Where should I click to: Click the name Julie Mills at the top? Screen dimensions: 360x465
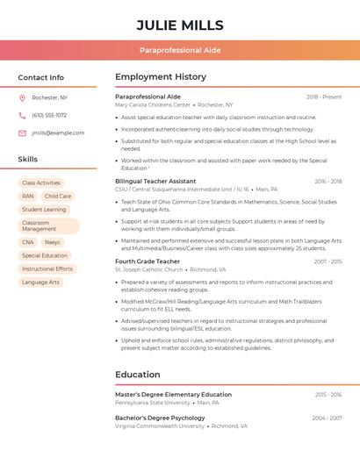click(x=179, y=25)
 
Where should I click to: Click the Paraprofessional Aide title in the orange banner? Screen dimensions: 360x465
click(x=179, y=51)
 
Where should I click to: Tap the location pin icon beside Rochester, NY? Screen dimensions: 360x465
click(x=22, y=97)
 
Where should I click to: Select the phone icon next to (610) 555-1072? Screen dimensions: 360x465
click(x=22, y=115)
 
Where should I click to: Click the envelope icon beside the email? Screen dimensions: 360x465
click(x=22, y=132)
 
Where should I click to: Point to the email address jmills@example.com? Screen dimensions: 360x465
click(x=58, y=132)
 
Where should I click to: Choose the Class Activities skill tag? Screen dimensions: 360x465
click(x=41, y=182)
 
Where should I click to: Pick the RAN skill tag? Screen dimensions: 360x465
click(x=28, y=197)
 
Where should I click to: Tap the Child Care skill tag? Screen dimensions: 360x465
click(x=58, y=197)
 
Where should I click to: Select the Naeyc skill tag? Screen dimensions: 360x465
click(x=53, y=242)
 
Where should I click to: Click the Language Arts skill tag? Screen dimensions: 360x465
click(x=41, y=283)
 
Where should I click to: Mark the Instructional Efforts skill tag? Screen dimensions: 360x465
click(x=47, y=269)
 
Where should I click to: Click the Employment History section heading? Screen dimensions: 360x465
click(x=161, y=77)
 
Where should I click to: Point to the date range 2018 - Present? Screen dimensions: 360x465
click(x=324, y=97)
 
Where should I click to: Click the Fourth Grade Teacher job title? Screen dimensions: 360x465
click(x=148, y=261)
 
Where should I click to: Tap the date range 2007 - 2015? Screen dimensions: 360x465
click(x=327, y=261)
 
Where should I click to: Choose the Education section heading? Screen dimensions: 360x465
click(x=138, y=375)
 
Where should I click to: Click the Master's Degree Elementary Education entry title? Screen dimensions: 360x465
click(x=173, y=395)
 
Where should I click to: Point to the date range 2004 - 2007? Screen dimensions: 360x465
click(x=327, y=418)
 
